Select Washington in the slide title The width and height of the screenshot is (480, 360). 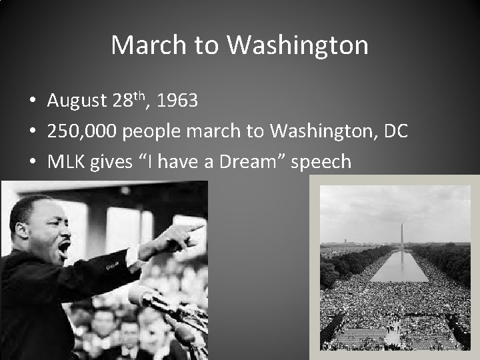[x=297, y=45]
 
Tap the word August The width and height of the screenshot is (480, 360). [x=77, y=101]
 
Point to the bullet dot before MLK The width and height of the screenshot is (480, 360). [x=32, y=161]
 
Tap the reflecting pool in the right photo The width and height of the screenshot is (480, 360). [x=399, y=266]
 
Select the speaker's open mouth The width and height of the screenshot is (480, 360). [x=65, y=248]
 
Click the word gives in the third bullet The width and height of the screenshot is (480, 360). [x=110, y=161]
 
